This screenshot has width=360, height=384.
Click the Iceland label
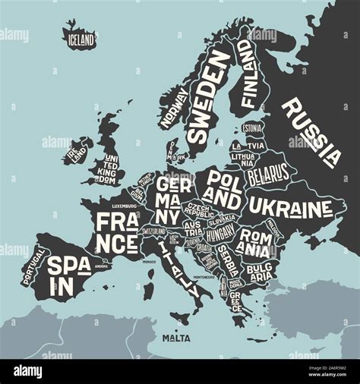81,38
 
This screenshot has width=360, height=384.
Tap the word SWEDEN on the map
209,98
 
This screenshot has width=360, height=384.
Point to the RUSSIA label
312,132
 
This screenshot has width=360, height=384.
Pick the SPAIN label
68,274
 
